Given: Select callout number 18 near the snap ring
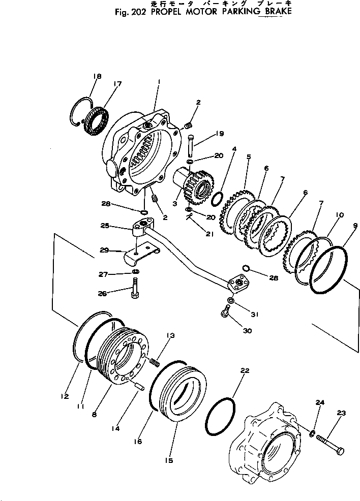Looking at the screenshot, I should (97, 76).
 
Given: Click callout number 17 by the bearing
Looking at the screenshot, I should (117, 85).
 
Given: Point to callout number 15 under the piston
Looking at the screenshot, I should (169, 460).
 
